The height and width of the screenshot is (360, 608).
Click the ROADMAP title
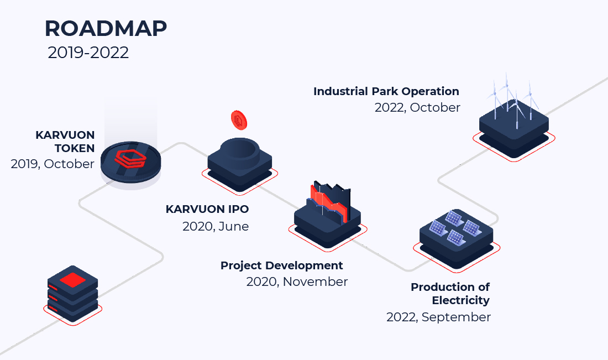pos(106,28)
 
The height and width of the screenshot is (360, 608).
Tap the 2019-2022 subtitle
pos(88,53)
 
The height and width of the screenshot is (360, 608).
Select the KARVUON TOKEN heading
pos(65,142)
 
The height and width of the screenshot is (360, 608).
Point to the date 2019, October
pos(53,164)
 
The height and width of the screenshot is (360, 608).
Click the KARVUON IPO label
pos(207,209)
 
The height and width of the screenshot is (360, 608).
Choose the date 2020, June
pos(216,226)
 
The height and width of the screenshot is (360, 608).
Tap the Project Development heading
pos(281,265)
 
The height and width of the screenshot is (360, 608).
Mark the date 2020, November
pos(297,281)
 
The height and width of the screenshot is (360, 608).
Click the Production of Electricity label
pos(450,294)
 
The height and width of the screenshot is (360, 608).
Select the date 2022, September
pos(438,317)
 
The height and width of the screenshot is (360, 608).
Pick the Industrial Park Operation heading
pos(386,92)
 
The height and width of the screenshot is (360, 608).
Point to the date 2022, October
pos(417,107)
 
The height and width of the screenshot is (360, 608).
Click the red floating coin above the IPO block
pos(239,120)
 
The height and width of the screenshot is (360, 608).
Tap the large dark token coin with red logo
pos(130,162)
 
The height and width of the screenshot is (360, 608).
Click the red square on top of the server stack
pos(72,280)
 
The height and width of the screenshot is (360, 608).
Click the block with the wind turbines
pos(514,128)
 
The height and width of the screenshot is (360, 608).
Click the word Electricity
pos(460,300)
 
